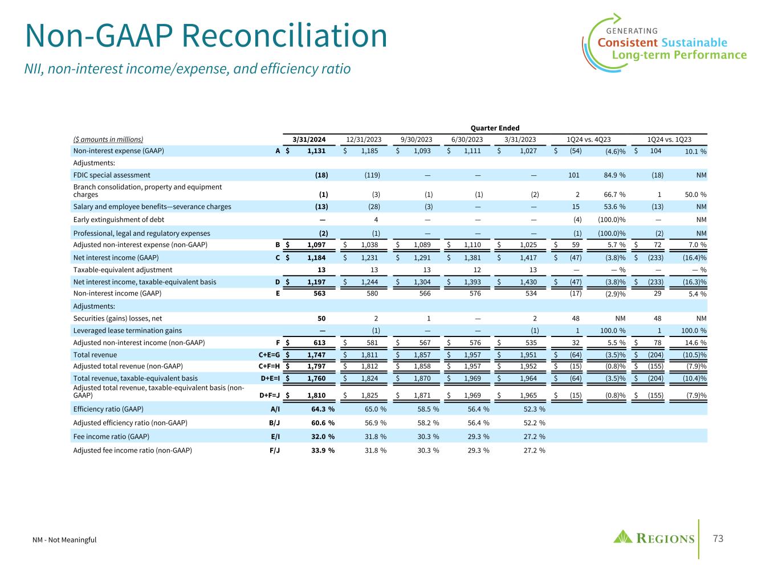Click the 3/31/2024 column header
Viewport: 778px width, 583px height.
point(309,139)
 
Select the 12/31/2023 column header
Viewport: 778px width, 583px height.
point(364,139)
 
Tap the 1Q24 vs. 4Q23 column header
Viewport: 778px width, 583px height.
point(589,139)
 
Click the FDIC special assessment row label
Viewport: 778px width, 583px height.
point(112,175)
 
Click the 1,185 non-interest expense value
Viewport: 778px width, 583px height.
point(369,151)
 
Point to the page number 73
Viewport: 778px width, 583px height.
point(718,539)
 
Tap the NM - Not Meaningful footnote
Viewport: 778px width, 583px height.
point(64,540)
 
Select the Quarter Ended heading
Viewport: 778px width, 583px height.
point(495,128)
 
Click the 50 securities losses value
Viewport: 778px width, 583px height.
point(322,319)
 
